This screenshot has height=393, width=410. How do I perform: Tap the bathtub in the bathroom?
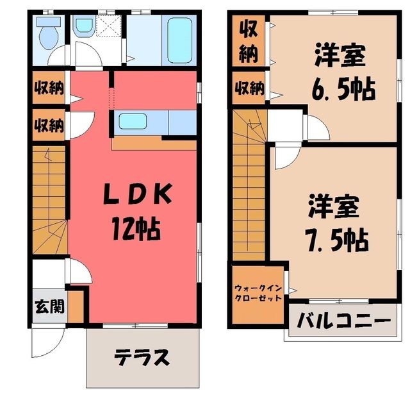click(x=180, y=40)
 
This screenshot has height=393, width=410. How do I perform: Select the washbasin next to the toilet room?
click(x=84, y=26)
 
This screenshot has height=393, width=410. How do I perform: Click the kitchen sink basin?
click(x=133, y=121)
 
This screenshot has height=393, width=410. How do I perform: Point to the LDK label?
click(x=138, y=194)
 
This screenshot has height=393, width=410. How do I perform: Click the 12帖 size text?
click(x=136, y=228)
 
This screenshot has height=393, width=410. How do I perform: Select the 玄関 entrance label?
click(x=50, y=306)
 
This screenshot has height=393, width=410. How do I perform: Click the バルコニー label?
click(x=344, y=321)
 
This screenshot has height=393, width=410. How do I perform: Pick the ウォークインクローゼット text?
click(x=258, y=294)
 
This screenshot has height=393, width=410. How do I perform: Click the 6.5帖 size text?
click(x=343, y=88)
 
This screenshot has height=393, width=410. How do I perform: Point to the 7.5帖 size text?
click(x=337, y=240)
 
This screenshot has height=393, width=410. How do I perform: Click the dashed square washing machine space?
click(x=109, y=26)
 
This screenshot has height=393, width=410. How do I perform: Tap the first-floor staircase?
click(x=49, y=200)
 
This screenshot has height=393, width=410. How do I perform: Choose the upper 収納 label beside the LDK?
click(x=49, y=88)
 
